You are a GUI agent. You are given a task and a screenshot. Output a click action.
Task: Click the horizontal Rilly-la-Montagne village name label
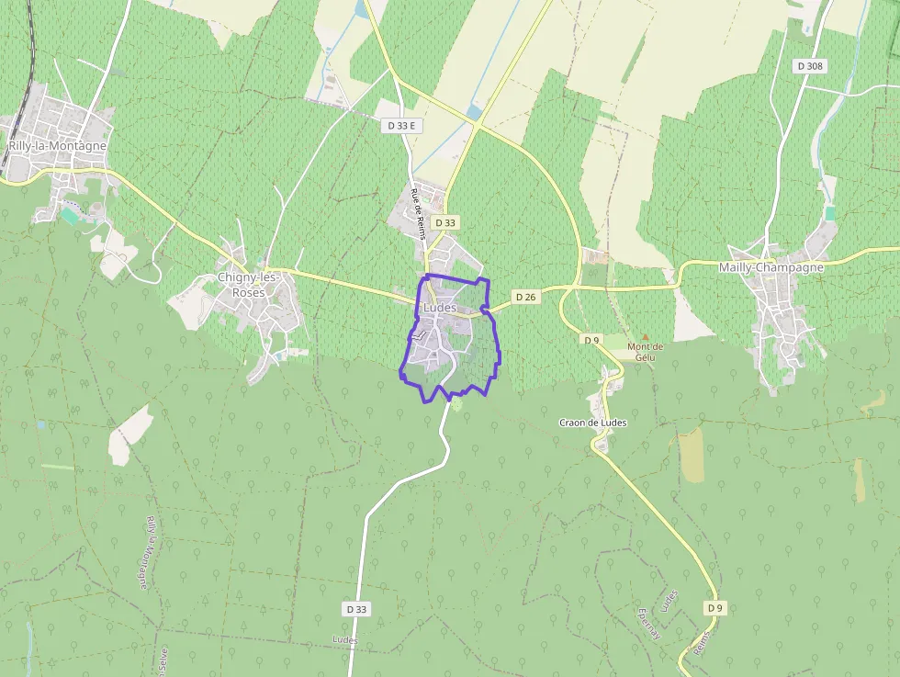point(57,146)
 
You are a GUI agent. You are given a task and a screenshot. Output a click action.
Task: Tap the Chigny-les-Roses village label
point(242,285)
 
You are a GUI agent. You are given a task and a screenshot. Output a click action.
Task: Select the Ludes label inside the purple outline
point(440,308)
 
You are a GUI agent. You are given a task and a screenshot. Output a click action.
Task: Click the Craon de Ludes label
point(592,423)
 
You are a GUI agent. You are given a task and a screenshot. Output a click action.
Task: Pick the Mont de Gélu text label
point(645,352)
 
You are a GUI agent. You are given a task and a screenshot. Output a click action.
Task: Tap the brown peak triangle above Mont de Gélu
point(645,338)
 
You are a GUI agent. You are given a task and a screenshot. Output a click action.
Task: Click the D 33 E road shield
point(401,125)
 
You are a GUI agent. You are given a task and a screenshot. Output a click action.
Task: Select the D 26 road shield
point(525,297)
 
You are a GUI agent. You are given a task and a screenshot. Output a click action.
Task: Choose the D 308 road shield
point(811,66)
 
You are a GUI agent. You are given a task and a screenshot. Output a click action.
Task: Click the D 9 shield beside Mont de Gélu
point(591,340)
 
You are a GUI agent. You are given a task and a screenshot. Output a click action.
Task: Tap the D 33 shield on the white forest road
point(357,609)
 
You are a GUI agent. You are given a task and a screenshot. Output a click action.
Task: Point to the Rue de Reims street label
point(419,213)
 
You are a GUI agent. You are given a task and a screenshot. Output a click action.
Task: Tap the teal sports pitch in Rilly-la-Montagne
point(71,216)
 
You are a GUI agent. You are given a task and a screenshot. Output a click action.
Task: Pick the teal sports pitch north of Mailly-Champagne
point(830,213)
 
